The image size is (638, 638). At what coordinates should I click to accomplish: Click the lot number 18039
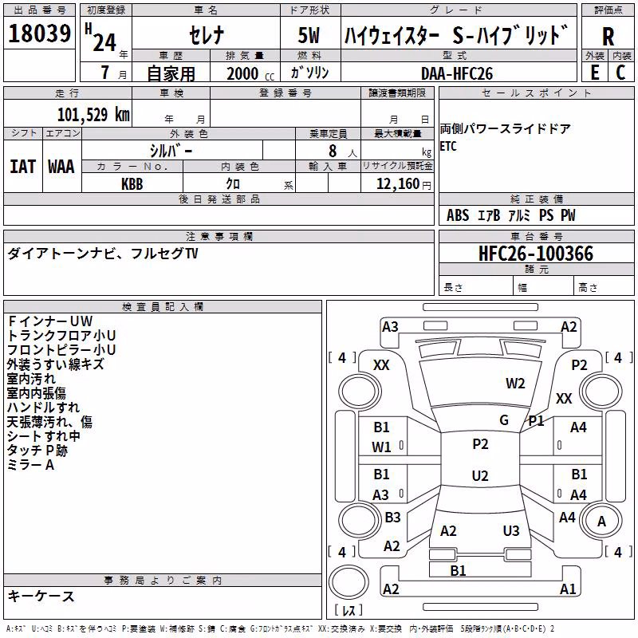[x=39, y=33]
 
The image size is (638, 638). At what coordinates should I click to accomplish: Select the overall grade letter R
[x=608, y=37]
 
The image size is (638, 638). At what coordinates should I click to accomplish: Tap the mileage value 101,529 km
[x=93, y=115]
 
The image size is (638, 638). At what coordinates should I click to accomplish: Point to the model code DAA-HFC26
[x=457, y=73]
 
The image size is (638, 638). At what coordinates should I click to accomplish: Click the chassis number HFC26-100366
[x=536, y=254]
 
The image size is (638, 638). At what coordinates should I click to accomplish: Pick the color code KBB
[x=132, y=184]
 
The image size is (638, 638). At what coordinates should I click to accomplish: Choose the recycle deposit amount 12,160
[x=398, y=184]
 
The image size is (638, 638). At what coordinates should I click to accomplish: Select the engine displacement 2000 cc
[x=250, y=73]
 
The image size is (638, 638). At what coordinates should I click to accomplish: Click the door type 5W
[x=309, y=35]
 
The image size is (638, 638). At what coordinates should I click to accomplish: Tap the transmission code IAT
[x=23, y=167]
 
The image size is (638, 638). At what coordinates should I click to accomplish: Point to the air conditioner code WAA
[x=61, y=167]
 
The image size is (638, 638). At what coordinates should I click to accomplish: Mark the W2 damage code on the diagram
[x=515, y=384]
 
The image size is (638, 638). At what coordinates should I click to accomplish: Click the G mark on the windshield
[x=504, y=420]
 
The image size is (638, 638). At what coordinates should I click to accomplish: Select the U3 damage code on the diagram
[x=511, y=530]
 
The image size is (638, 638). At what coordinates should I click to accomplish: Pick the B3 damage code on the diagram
[x=392, y=517]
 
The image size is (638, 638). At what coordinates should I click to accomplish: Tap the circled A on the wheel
[x=601, y=521]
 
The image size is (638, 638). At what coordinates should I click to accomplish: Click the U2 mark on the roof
[x=480, y=475]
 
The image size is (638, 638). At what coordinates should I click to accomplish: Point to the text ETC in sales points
[x=448, y=147]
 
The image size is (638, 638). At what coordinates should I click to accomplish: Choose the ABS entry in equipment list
[x=458, y=215]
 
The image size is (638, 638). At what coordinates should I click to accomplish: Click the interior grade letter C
[x=620, y=73]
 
